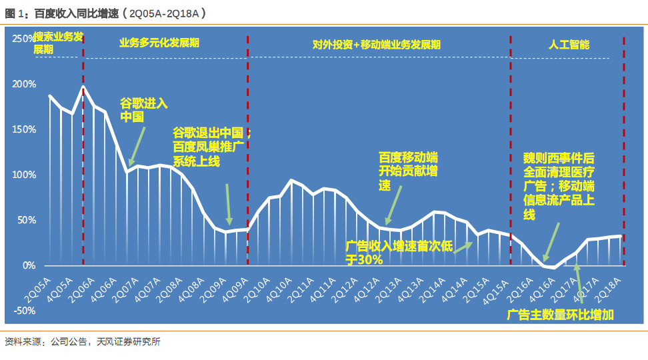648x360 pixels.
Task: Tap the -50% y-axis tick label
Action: [25, 311]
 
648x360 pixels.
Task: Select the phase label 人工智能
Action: [569, 45]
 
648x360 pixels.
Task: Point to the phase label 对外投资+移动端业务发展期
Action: [377, 45]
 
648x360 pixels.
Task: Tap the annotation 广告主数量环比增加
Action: [561, 315]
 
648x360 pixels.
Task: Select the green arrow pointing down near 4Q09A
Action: [229, 205]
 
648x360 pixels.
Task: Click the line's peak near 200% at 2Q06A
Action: [83, 87]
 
